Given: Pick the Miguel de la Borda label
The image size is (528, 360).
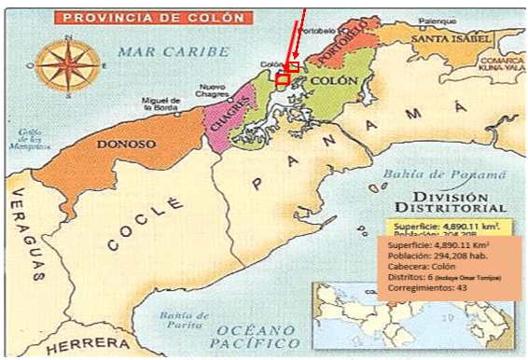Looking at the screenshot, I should (159, 104).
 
